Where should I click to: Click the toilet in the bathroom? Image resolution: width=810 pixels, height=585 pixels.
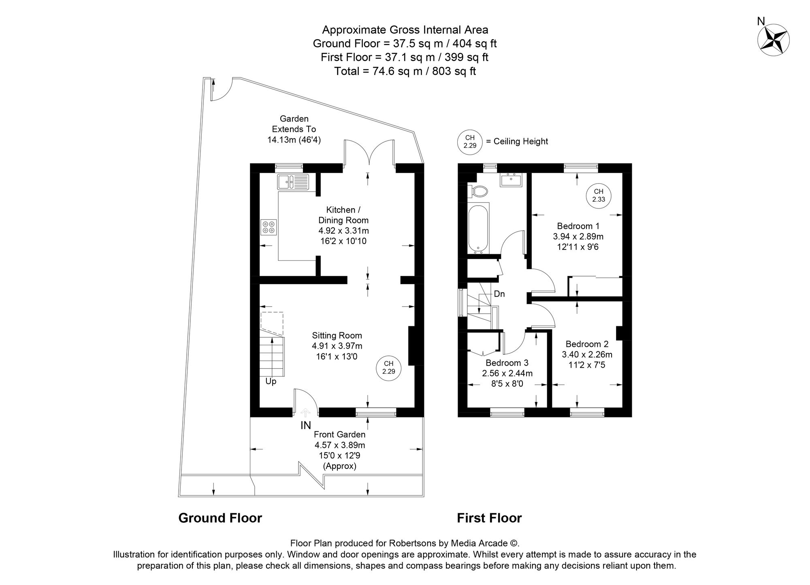(478, 191)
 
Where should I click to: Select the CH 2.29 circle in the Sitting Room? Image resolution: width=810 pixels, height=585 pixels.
(389, 368)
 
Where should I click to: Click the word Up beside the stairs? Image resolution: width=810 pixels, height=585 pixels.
(271, 381)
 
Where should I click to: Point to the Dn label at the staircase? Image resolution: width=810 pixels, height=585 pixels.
(499, 294)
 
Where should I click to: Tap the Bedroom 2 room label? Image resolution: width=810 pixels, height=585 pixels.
(587, 344)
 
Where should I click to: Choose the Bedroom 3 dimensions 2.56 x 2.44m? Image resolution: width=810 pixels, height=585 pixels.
(507, 373)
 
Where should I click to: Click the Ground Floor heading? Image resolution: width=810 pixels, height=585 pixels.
(220, 518)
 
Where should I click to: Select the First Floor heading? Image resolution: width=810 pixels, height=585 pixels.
(489, 518)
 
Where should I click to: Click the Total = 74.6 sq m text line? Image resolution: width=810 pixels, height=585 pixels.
(405, 71)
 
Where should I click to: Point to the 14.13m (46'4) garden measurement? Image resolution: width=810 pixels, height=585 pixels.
(294, 140)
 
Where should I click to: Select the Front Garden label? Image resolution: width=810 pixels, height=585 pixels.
(340, 434)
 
